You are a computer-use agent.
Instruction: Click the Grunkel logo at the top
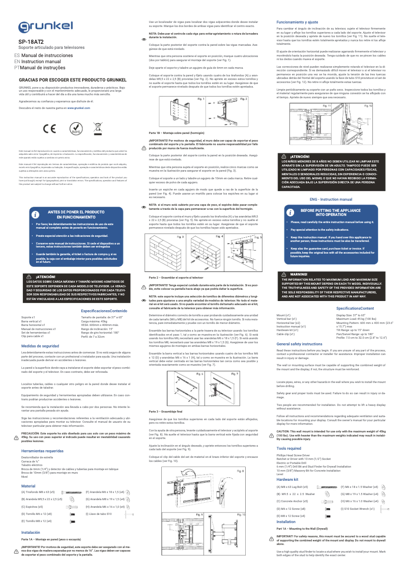[45, 26]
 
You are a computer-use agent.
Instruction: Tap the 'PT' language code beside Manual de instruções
[17, 67]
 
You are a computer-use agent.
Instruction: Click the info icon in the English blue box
[289, 213]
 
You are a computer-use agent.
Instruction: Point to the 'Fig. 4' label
[219, 237]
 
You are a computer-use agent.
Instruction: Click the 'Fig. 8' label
[240, 471]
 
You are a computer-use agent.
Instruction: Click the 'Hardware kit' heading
[287, 479]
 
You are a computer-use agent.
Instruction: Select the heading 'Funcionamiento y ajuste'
[297, 22]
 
